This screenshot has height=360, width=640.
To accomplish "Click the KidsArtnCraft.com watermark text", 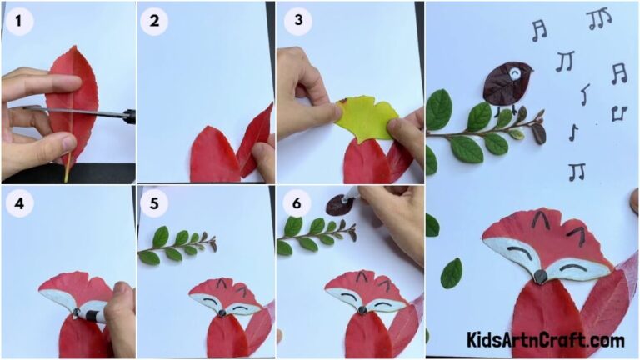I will point(545,340).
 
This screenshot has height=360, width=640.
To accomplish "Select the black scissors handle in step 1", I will point(127,117).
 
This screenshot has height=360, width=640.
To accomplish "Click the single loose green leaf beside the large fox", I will point(451,272).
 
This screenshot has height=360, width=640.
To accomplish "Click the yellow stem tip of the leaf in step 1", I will point(66,174).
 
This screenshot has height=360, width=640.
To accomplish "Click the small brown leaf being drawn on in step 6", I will point(337,203).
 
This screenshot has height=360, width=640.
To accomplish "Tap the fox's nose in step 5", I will point(222,312).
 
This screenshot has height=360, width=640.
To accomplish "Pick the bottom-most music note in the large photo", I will point(576,171).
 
